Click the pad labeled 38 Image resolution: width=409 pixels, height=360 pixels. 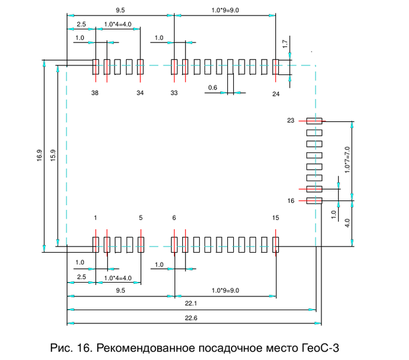(x=95, y=67)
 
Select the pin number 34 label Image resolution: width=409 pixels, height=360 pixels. (x=140, y=93)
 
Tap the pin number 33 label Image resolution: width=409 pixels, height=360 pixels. (x=174, y=93)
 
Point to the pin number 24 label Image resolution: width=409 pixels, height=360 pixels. (x=276, y=94)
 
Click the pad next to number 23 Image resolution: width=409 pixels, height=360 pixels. (x=314, y=121)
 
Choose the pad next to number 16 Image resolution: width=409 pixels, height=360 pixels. (x=314, y=200)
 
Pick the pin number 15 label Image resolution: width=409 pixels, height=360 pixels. (x=275, y=218)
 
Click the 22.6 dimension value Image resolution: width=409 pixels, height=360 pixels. (x=191, y=318)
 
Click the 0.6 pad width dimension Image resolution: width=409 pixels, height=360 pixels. (x=212, y=88)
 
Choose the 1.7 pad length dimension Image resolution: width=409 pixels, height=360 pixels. (x=285, y=43)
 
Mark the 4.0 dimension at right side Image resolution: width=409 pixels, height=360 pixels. (x=348, y=222)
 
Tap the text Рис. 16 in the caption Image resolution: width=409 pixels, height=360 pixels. (x=70, y=347)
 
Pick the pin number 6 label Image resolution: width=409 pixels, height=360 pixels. (x=174, y=218)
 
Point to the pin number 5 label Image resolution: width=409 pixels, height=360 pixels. (x=140, y=218)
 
